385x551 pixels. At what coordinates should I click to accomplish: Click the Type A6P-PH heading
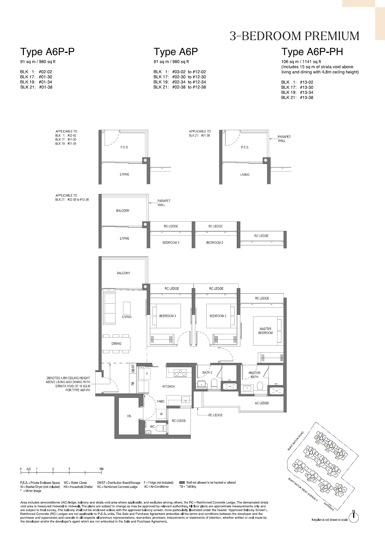(x=312, y=52)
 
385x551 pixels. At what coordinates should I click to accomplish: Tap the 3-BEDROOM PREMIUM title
(x=294, y=36)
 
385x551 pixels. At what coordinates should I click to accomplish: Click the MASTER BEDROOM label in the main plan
(x=265, y=331)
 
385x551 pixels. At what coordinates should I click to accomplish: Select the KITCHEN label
(x=168, y=386)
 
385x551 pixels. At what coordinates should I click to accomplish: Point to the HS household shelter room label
(x=129, y=416)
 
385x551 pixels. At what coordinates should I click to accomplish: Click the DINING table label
(x=116, y=344)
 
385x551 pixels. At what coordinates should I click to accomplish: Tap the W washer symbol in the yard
(x=161, y=414)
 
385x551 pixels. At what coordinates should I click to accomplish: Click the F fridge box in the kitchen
(x=147, y=374)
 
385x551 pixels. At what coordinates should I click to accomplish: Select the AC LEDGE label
(x=262, y=403)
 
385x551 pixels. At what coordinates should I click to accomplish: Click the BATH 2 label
(x=207, y=373)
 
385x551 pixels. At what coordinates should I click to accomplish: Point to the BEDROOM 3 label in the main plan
(x=167, y=316)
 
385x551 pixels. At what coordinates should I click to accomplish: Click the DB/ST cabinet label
(x=133, y=369)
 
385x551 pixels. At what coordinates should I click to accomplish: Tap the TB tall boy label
(x=133, y=384)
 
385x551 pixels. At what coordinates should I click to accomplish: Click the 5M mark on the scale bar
(x=101, y=469)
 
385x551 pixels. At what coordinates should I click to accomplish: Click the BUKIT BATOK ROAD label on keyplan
(x=295, y=441)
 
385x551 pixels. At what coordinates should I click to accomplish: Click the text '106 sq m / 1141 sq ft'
(x=301, y=62)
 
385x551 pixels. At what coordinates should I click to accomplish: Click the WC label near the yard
(x=152, y=427)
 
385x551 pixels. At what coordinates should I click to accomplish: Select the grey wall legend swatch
(x=182, y=482)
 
